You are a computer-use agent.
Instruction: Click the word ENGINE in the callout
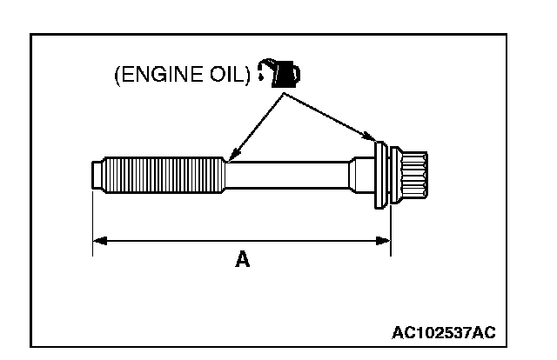(160, 76)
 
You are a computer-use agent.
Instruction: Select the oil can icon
(285, 75)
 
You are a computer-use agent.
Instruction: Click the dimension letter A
(242, 260)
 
